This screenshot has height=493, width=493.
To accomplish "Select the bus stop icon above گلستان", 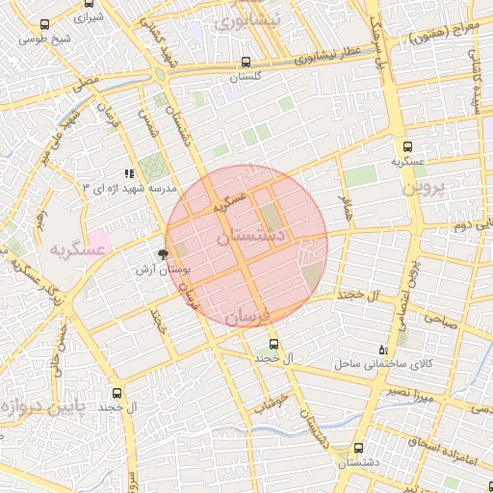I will click(246, 61).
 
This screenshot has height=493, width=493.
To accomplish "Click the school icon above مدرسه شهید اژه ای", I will click(130, 174).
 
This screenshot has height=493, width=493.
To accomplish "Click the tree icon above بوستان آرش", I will click(162, 255).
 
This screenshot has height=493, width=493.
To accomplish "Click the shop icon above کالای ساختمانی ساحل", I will click(383, 350).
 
